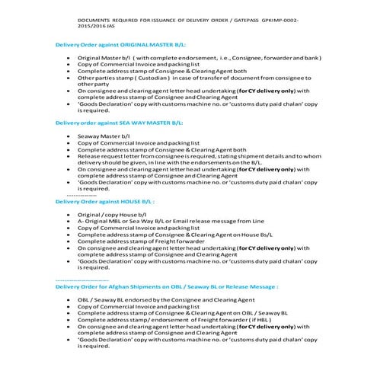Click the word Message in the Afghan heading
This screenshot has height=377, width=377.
tap(260, 287)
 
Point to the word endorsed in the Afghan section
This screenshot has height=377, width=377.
tap(136, 301)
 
